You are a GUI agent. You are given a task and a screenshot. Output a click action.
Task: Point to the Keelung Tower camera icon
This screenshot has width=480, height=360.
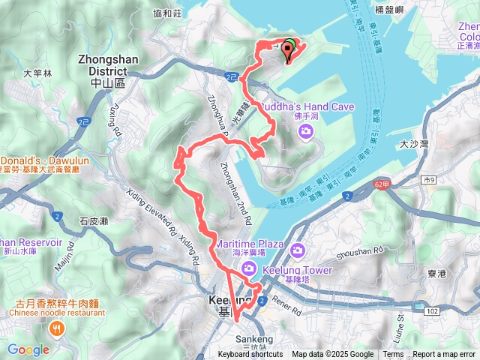pos(297,250)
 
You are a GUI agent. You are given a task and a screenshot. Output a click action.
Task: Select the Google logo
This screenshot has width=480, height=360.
pos(28,349)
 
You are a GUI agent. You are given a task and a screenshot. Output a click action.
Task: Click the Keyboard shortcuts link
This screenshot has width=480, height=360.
pos(250,355)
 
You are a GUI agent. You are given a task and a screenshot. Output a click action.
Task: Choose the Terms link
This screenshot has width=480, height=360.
pos(393,355)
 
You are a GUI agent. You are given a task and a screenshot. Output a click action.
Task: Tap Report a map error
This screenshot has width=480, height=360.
pos(443,355)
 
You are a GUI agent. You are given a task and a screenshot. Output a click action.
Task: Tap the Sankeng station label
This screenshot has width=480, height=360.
pos(249,339)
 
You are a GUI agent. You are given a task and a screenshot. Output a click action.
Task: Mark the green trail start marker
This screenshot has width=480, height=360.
pos(289,46)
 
